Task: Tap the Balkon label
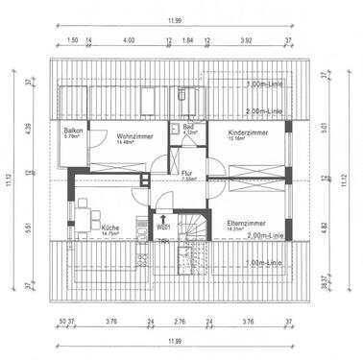73,130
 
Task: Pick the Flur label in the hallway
186,173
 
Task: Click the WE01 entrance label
163,227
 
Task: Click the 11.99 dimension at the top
181,21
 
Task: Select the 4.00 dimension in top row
129,41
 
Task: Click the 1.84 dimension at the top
187,41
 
